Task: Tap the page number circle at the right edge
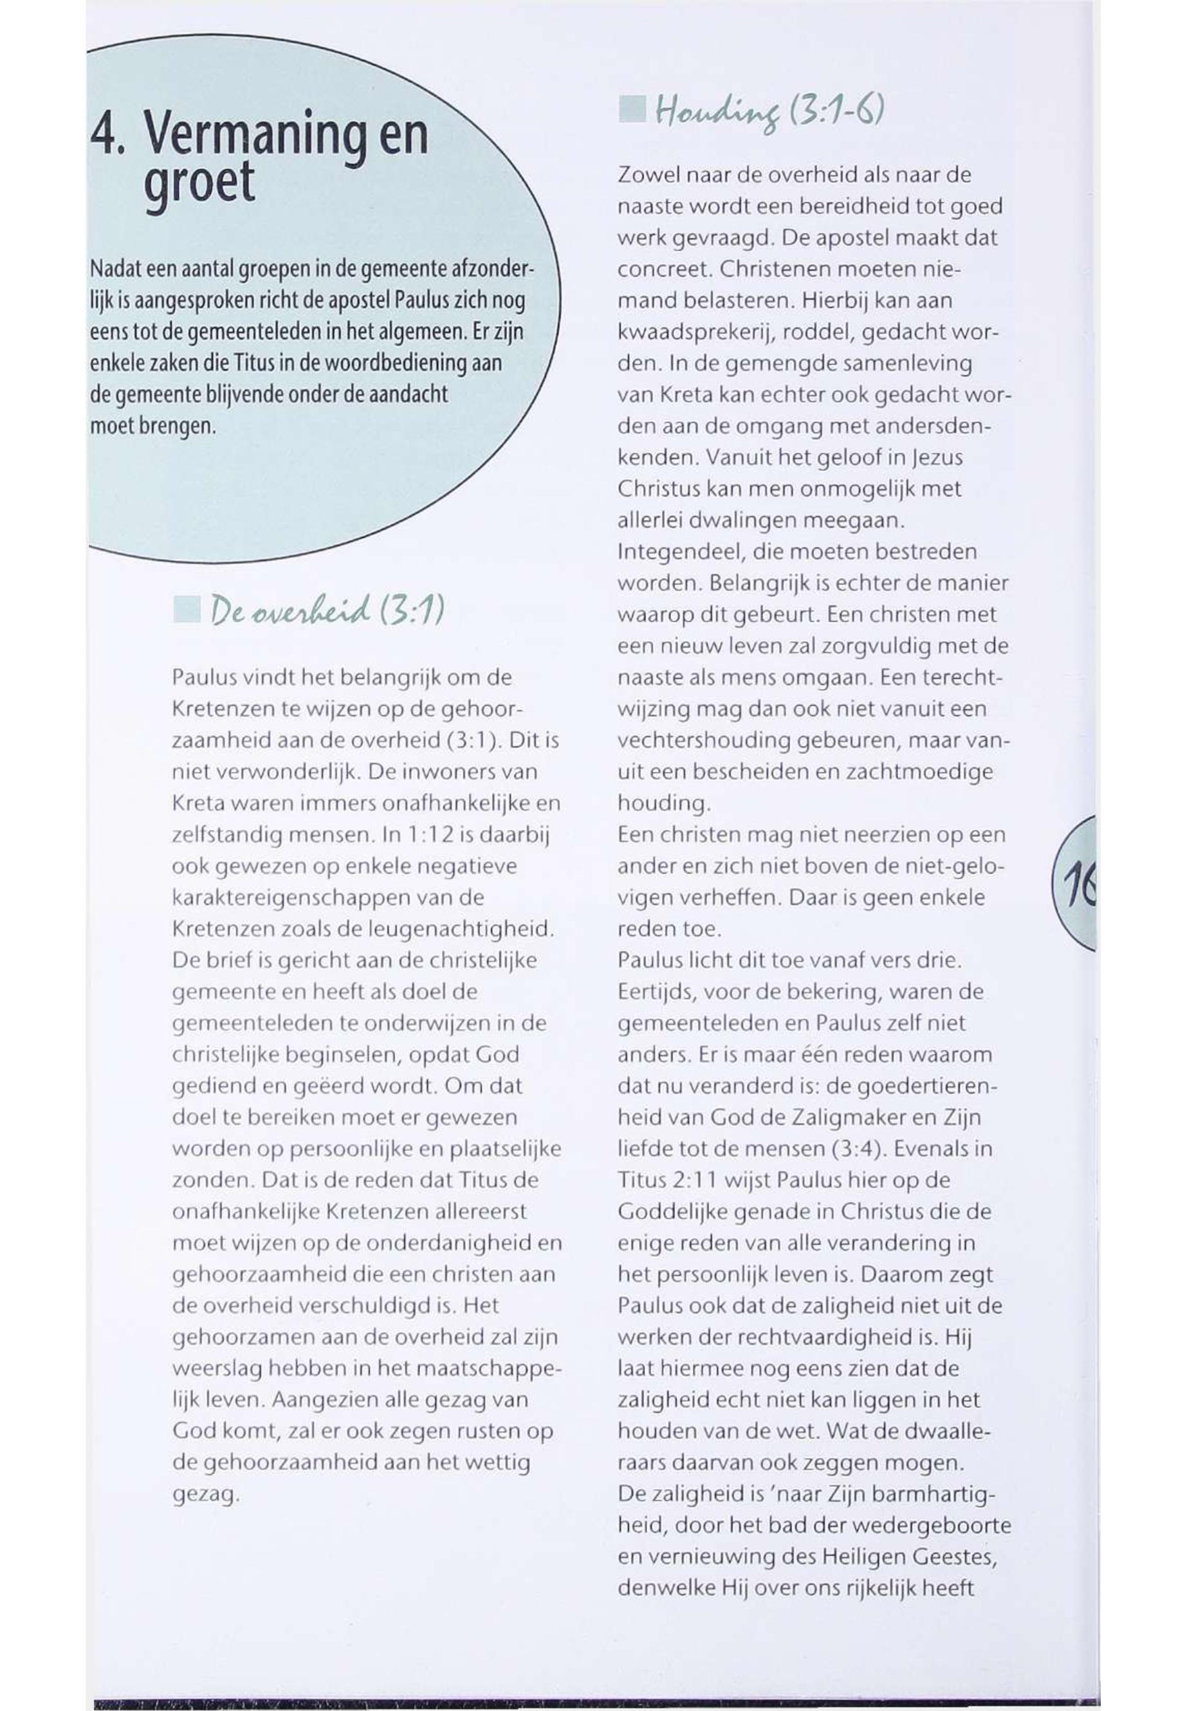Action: click(x=1078, y=882)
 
